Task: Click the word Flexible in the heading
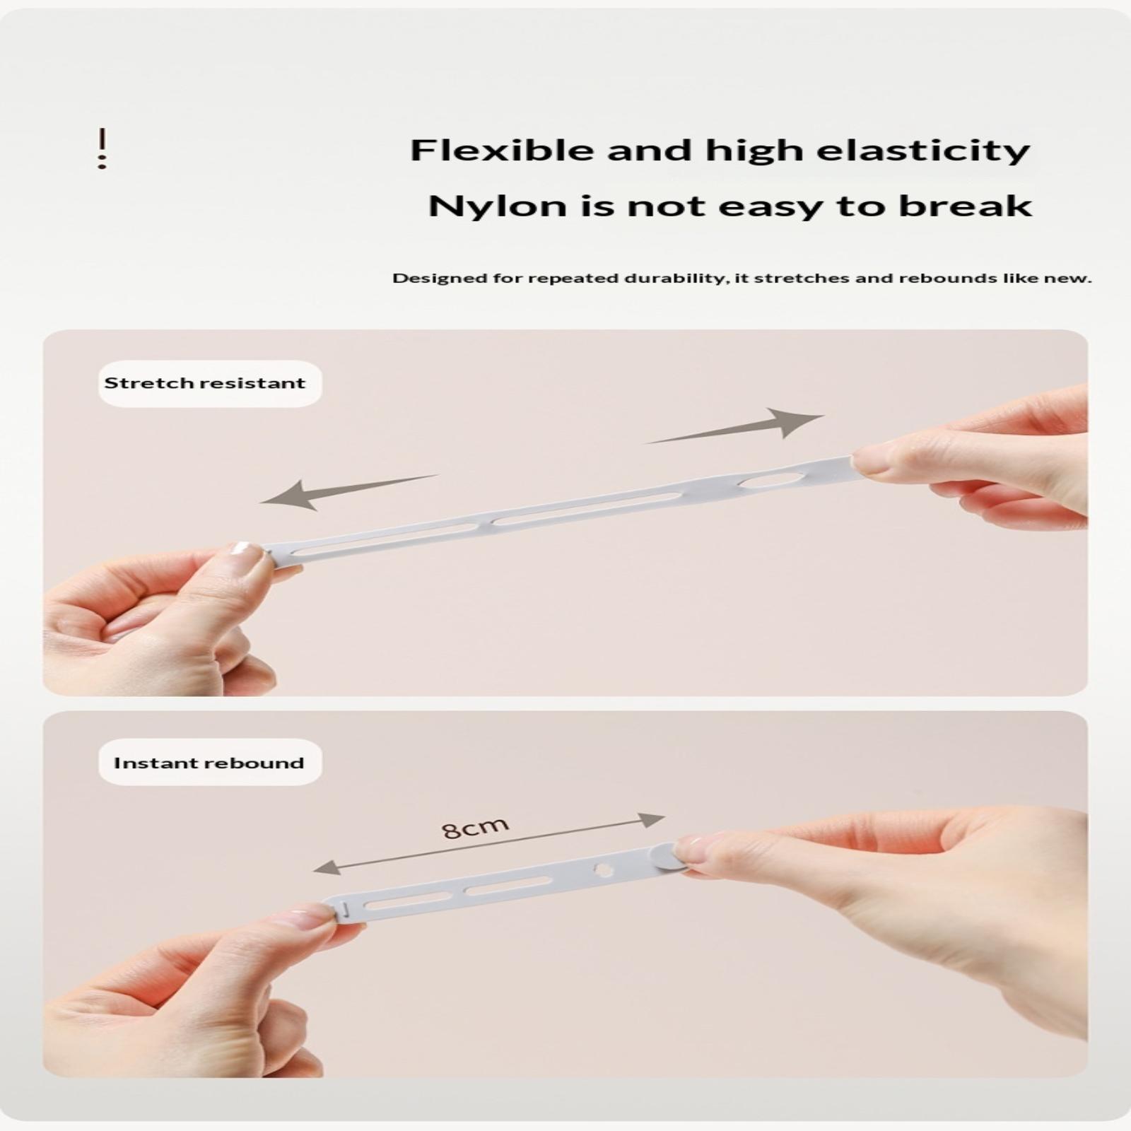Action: coord(502,150)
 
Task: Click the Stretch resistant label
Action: coord(205,383)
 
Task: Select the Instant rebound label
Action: coord(209,763)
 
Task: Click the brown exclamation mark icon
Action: coord(102,148)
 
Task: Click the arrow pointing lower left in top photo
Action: coord(349,493)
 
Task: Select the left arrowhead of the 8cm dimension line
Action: coord(325,867)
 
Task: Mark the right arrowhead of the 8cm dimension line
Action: coord(652,820)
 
